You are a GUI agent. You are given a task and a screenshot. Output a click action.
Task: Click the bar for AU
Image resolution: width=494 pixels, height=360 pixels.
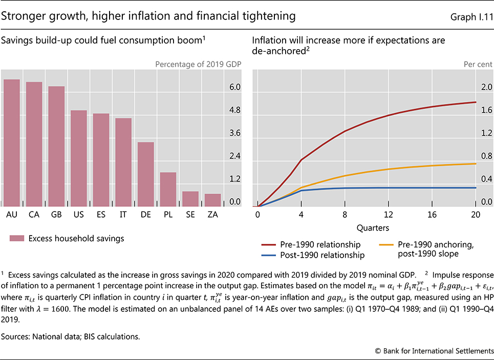(x=11, y=143)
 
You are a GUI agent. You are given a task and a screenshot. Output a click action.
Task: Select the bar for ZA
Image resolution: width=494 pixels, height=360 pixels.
(x=212, y=200)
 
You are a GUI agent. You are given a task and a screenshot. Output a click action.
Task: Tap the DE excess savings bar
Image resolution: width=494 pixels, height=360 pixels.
(x=145, y=174)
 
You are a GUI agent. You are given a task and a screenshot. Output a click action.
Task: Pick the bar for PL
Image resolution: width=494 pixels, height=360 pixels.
(x=168, y=189)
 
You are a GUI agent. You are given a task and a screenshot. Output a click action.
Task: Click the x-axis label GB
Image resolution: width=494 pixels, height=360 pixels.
(x=56, y=215)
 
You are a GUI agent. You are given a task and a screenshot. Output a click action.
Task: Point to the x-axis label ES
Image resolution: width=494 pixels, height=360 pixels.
(x=101, y=215)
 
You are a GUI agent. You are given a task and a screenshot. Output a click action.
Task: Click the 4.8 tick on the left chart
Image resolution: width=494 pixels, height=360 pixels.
(x=234, y=110)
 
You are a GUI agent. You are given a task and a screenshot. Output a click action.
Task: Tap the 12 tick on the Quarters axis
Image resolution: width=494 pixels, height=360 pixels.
(x=389, y=215)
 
